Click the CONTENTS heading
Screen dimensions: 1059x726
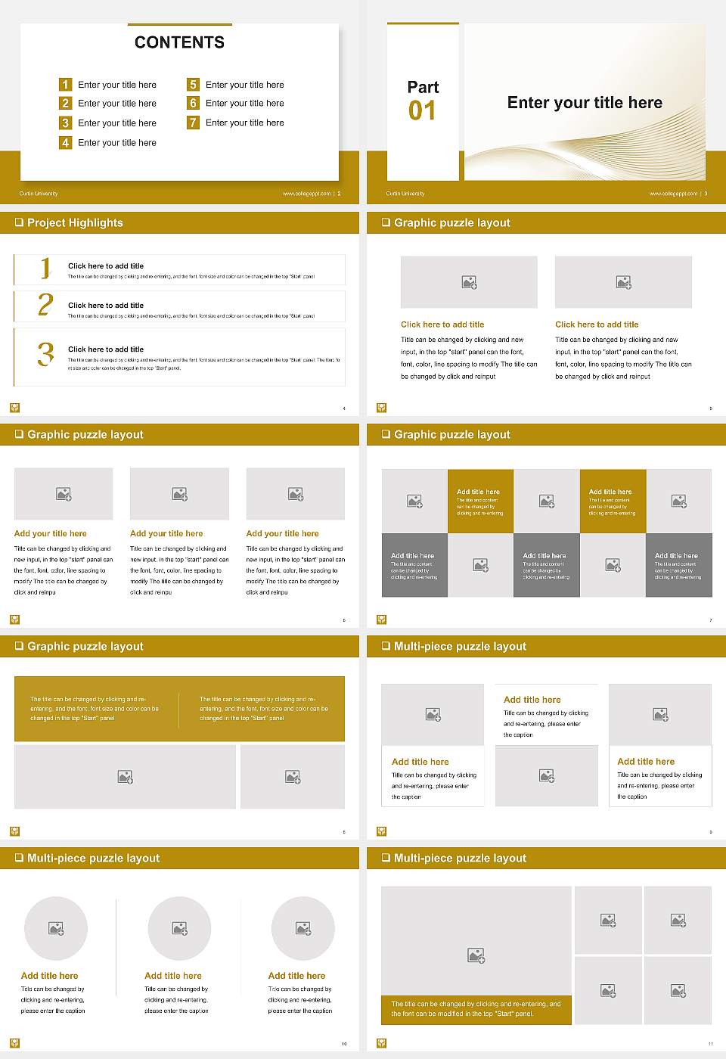[x=179, y=42]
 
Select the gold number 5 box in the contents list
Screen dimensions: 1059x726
[x=193, y=84]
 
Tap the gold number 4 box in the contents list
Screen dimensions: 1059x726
[x=65, y=142]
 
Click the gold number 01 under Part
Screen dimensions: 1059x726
[x=422, y=111]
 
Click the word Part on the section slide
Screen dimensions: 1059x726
[x=423, y=87]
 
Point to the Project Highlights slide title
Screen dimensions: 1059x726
[x=74, y=222]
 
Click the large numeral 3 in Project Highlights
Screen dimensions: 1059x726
[x=45, y=354]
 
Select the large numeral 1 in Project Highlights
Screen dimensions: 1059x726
[x=45, y=268]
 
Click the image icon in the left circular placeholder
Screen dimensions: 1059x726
[x=56, y=928]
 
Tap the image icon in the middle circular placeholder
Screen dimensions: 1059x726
[x=179, y=928]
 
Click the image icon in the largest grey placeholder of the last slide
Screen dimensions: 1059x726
[x=476, y=956]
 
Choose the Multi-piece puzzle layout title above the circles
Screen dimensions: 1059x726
[x=93, y=858]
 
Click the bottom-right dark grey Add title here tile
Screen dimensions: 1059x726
[x=678, y=565]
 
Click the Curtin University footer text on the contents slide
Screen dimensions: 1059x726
[x=39, y=194]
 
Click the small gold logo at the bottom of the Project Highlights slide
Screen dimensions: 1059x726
[x=14, y=408]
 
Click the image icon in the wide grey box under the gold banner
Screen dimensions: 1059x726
[x=126, y=777]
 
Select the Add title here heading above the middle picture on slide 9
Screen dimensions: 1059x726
[x=532, y=700]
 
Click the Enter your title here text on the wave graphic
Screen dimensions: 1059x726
[x=585, y=103]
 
